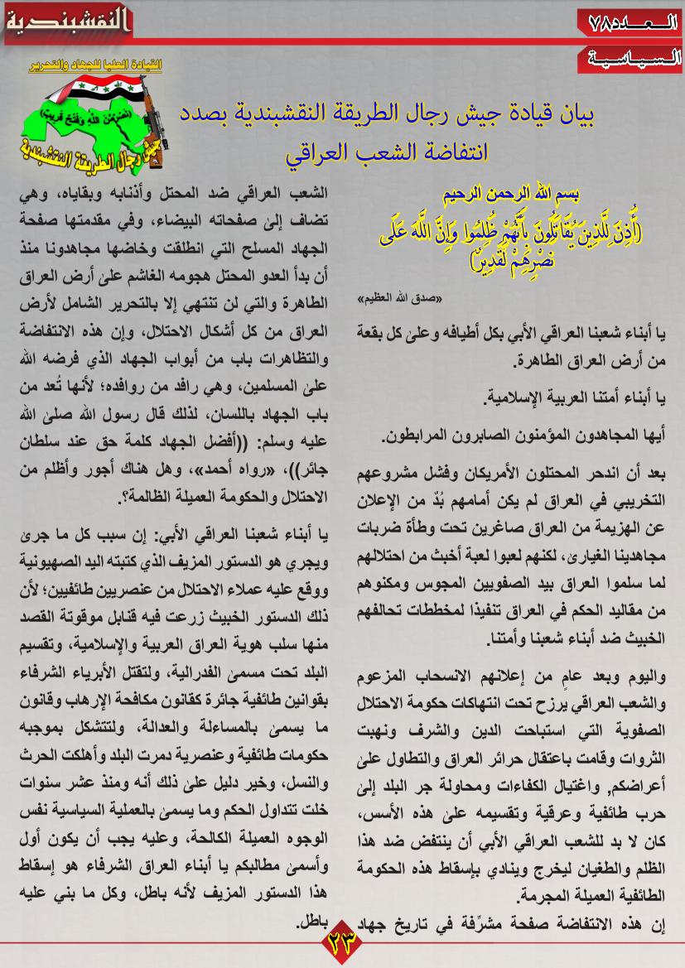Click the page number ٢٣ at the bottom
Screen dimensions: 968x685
tap(342, 942)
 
